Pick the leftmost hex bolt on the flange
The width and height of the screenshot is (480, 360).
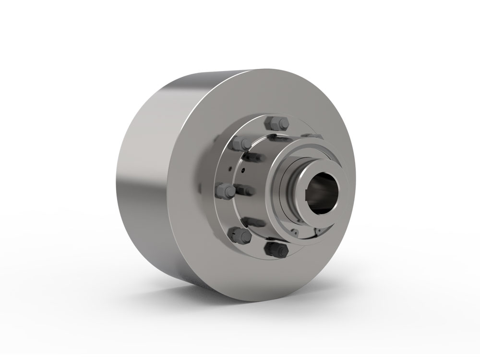[226, 191]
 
